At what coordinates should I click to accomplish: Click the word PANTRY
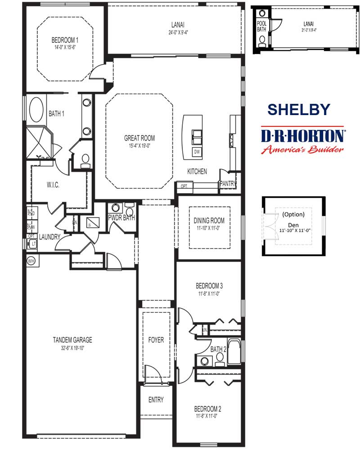[x=228, y=183]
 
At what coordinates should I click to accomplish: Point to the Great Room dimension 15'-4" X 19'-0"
[x=139, y=146]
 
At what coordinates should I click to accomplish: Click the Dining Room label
[x=209, y=221]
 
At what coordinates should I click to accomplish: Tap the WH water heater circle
[x=31, y=260]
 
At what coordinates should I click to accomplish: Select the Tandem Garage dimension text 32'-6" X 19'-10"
[x=72, y=347]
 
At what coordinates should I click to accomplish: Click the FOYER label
[x=156, y=340]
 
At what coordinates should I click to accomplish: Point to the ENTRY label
[x=156, y=400]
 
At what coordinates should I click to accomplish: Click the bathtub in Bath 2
[x=234, y=352]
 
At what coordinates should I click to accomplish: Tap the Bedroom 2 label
[x=207, y=409]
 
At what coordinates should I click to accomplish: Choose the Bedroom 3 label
[x=209, y=285]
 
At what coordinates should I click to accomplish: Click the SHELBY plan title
[x=298, y=109]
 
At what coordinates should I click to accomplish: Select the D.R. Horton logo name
[x=303, y=136]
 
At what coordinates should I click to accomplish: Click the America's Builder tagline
[x=303, y=150]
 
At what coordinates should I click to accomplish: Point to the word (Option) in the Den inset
[x=293, y=214]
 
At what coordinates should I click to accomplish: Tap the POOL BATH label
[x=261, y=26]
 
